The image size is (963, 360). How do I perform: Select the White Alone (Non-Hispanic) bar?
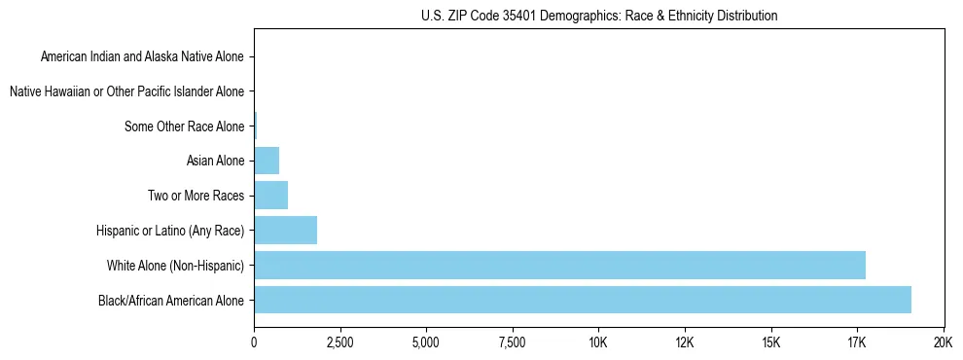(559, 265)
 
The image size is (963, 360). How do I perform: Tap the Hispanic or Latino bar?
(285, 231)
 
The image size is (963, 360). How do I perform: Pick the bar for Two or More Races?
(270, 196)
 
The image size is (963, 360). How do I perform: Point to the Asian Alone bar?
(267, 161)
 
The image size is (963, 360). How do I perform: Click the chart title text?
(599, 17)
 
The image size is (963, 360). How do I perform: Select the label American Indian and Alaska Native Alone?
(143, 56)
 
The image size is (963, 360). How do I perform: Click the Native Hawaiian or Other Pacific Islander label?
(127, 91)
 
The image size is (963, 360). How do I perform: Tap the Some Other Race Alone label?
(185, 126)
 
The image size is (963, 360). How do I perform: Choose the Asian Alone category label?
(216, 161)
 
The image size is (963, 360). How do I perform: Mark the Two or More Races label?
(196, 196)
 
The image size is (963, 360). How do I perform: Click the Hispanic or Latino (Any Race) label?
(171, 231)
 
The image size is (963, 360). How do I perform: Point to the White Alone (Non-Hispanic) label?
(176, 266)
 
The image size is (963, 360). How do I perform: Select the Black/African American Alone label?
(172, 300)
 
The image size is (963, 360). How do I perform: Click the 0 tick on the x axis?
(254, 342)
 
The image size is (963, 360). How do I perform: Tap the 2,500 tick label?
(339, 342)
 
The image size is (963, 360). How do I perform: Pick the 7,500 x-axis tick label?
(512, 342)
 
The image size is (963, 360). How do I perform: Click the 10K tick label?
(598, 342)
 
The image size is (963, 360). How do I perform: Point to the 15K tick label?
(770, 342)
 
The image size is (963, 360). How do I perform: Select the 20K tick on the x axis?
(943, 342)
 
